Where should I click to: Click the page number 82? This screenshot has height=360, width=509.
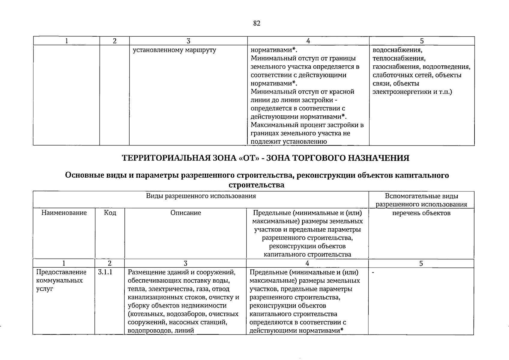coord(257,23)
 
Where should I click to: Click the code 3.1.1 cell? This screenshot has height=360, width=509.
coord(105,272)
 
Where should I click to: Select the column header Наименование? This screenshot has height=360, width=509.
coord(64,213)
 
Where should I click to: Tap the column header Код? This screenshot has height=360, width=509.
coord(110,213)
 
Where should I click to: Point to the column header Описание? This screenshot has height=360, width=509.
coord(186,213)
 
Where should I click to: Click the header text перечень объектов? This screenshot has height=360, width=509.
coord(421,213)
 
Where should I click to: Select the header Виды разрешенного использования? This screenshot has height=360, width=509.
coord(201,196)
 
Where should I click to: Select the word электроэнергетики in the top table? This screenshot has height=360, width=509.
coord(402,92)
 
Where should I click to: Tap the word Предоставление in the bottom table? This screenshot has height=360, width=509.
coord(61,272)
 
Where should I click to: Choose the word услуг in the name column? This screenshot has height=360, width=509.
coord(44,289)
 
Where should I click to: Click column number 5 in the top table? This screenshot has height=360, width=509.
coord(422,41)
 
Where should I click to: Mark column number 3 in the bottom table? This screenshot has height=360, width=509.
coord(185,264)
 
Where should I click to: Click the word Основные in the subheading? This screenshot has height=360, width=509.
coord(84,175)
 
